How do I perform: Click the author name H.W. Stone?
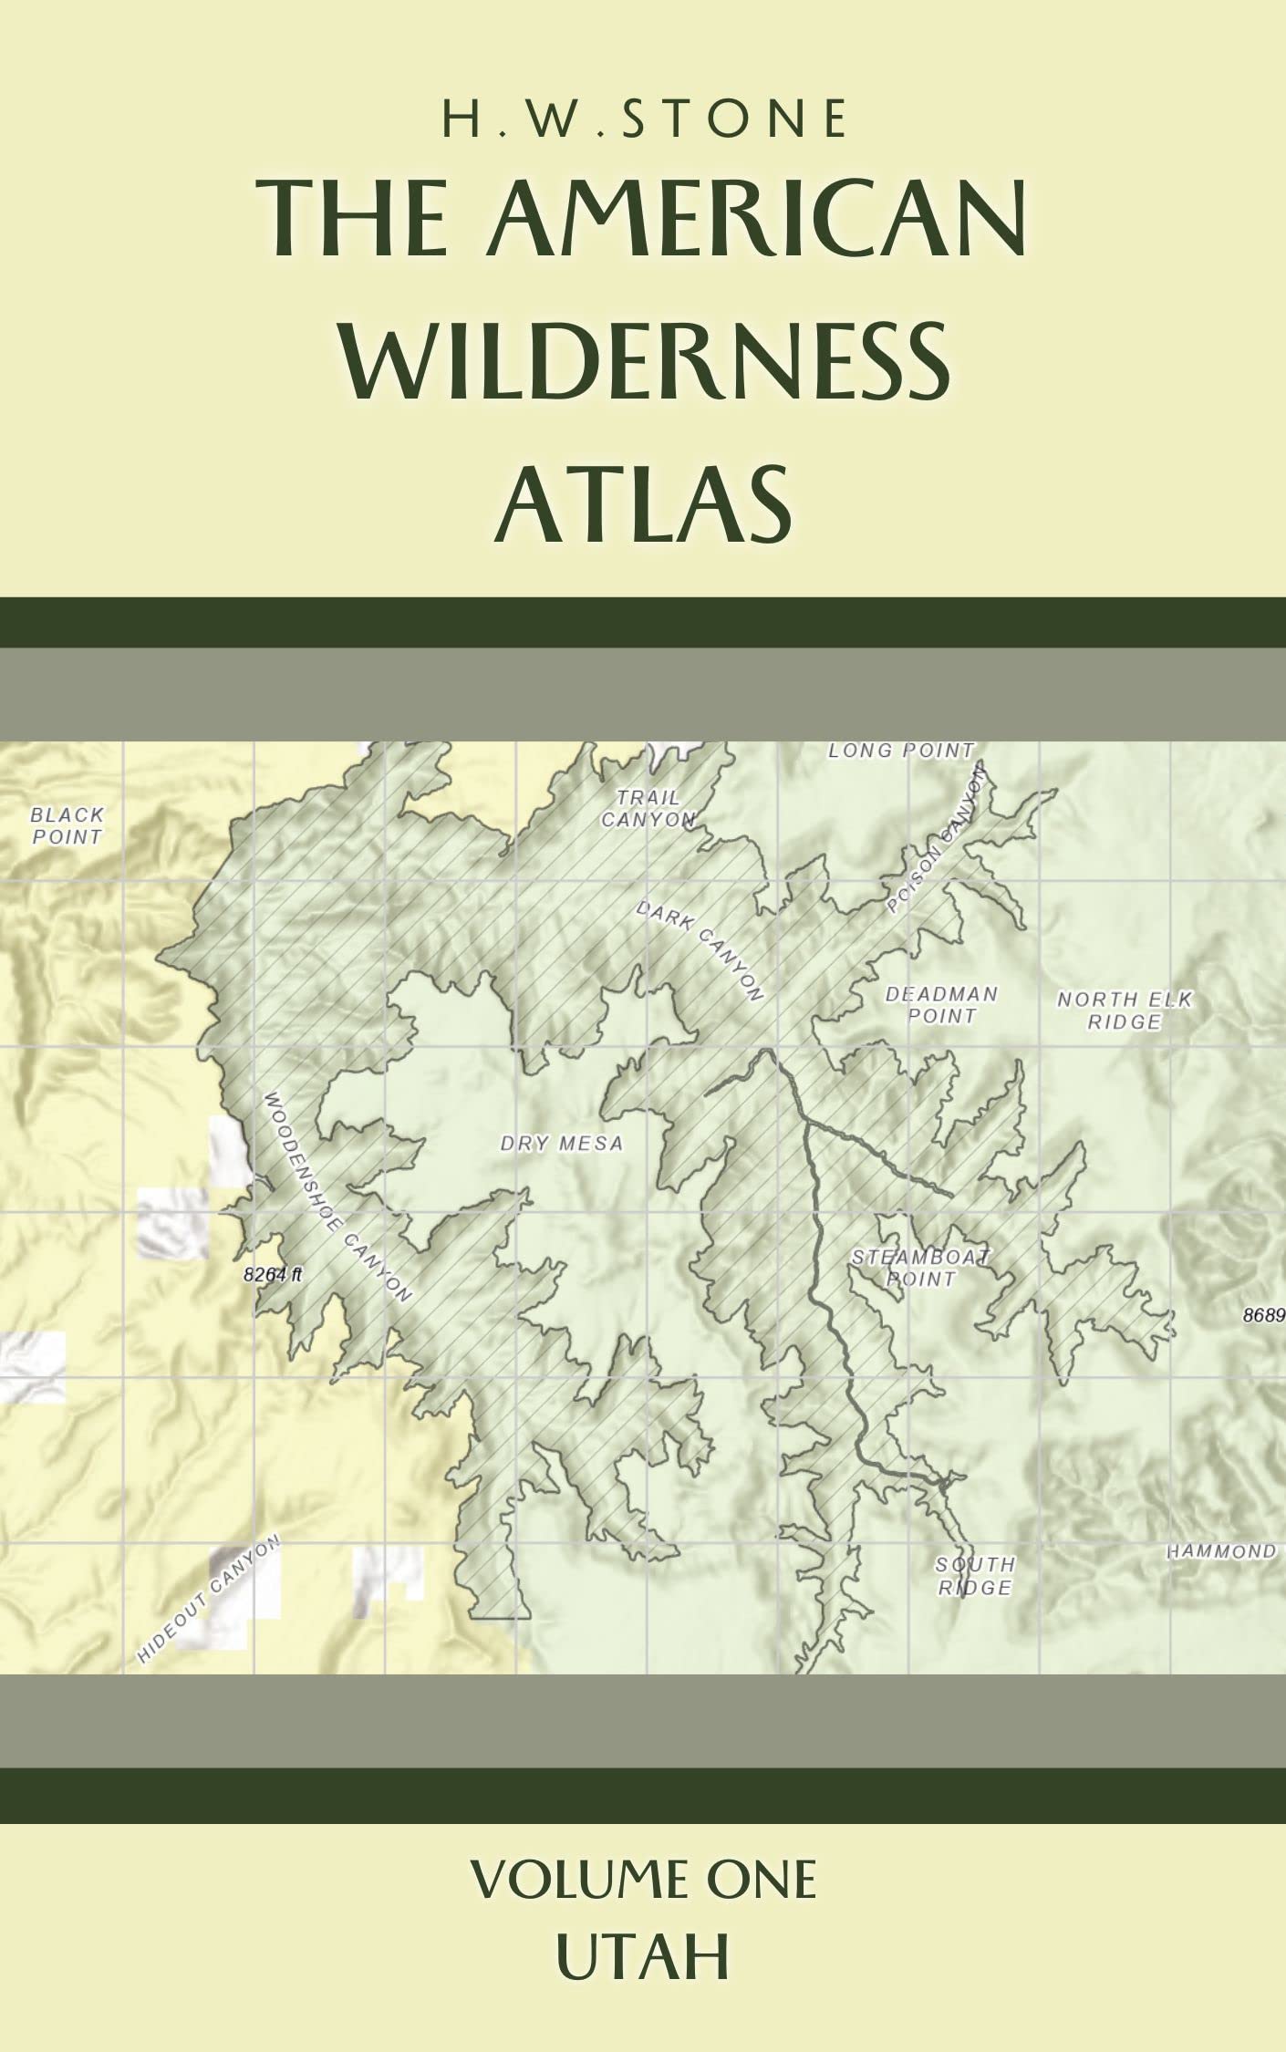coord(644,120)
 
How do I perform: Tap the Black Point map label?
coord(67,825)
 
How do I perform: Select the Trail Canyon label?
coord(648,809)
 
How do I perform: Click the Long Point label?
coord(900,751)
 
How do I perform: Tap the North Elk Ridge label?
coord(1124,1010)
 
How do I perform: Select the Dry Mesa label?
coord(561,1143)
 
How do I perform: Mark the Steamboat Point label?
coord(920,1268)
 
